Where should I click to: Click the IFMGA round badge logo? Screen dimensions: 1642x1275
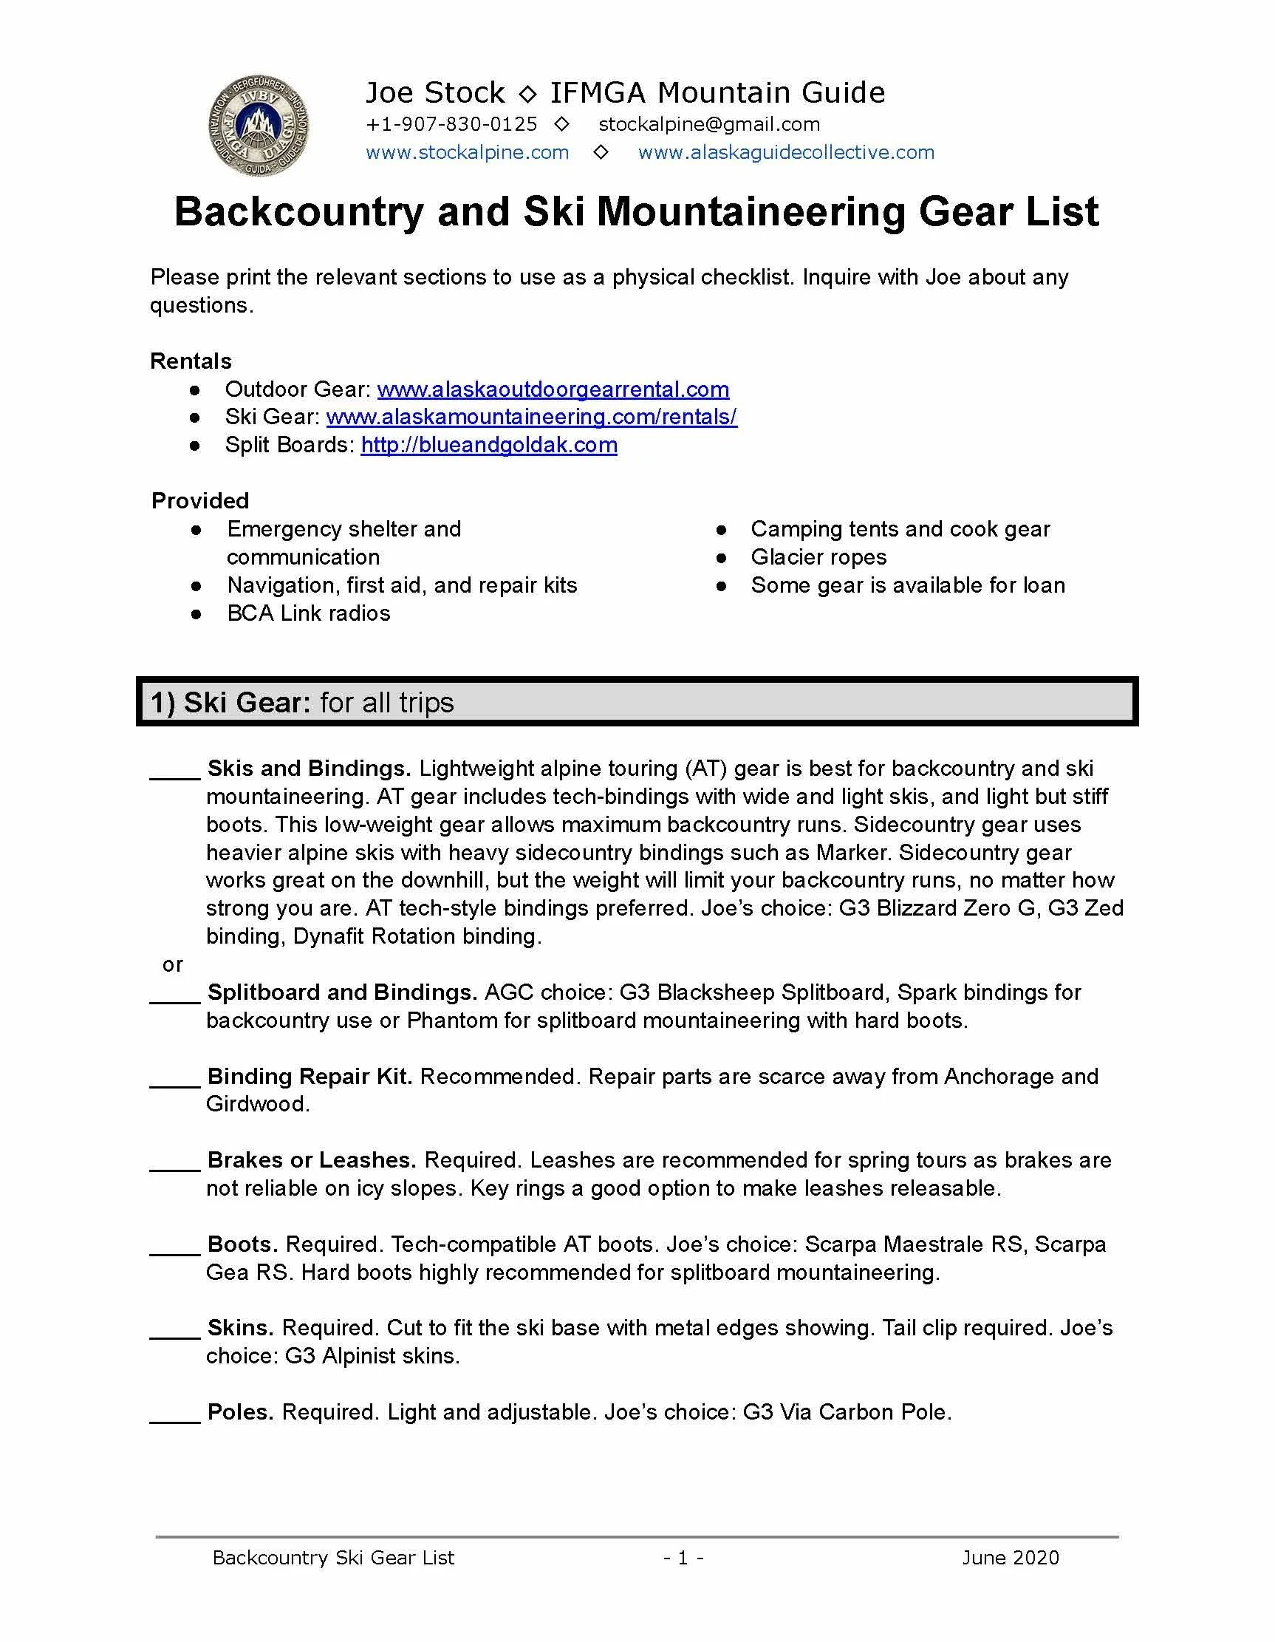point(259,126)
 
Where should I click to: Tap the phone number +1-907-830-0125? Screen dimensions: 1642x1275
point(451,124)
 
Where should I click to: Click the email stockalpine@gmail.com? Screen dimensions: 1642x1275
point(708,124)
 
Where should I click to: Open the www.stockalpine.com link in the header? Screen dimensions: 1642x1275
point(467,153)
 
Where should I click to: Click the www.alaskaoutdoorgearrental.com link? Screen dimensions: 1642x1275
point(553,389)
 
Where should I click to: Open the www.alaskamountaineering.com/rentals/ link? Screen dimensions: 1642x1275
point(532,418)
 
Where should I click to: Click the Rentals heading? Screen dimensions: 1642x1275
point(191,361)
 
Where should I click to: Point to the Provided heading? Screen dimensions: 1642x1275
point(200,501)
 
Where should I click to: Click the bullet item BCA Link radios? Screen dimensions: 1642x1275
point(308,613)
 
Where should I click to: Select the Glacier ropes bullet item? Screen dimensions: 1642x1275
point(818,557)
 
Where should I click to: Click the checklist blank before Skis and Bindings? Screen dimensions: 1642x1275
point(174,774)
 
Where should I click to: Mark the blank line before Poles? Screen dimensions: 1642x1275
point(174,1418)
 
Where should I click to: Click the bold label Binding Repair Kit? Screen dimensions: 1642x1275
point(310,1077)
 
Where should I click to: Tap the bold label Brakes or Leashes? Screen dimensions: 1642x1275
point(311,1160)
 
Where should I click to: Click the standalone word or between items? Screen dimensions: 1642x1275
point(172,964)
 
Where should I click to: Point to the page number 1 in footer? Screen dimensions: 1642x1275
point(683,1558)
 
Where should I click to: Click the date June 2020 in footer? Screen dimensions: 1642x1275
point(1010,1558)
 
